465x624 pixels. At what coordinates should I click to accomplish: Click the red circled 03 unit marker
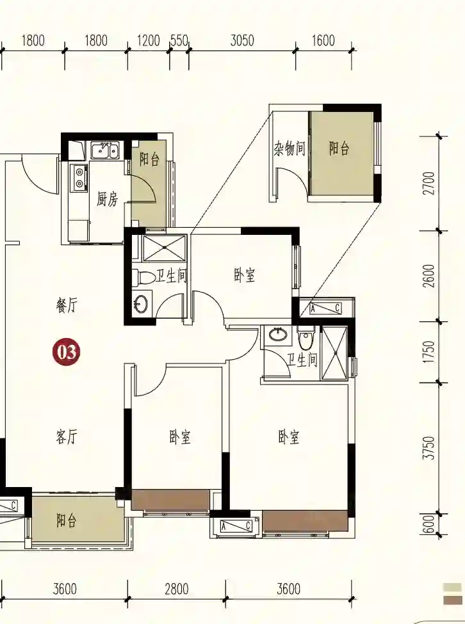[x=67, y=352]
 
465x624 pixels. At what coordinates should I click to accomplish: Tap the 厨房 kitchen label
[x=108, y=199]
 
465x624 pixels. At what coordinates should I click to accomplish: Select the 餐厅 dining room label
[x=67, y=306]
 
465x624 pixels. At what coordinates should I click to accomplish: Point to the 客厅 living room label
[x=67, y=437]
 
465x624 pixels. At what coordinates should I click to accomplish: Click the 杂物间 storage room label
[x=290, y=148]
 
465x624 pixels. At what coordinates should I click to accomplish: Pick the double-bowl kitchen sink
[x=104, y=150]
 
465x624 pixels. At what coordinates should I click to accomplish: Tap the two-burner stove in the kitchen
[x=79, y=176]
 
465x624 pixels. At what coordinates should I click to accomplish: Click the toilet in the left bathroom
[x=143, y=277]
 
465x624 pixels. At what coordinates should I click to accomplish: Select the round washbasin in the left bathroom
[x=140, y=304]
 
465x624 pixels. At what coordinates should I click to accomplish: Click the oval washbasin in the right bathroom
[x=279, y=334]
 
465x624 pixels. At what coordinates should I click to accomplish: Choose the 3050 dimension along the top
[x=242, y=40]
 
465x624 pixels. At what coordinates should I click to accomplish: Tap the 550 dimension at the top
[x=179, y=40]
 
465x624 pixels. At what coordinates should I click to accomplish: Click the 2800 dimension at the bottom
[x=177, y=589]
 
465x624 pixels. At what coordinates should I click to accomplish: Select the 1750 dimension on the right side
[x=429, y=352]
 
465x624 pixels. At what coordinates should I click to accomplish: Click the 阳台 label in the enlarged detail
[x=339, y=148]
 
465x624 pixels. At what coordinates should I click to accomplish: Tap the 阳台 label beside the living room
[x=67, y=520]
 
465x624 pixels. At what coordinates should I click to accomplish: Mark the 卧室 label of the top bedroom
[x=245, y=275]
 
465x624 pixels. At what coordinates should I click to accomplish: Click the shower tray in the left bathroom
[x=165, y=248]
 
